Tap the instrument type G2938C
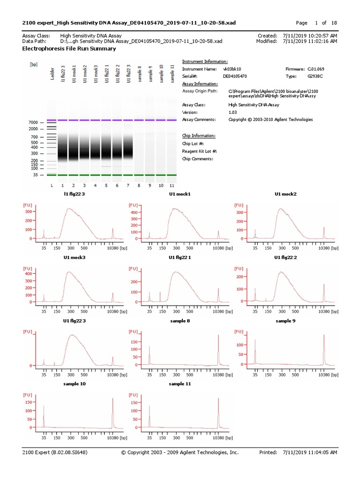click(315, 75)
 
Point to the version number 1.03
click(232, 112)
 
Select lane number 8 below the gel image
click(140, 186)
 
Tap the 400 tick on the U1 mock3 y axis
click(28, 274)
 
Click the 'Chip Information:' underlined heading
click(199, 136)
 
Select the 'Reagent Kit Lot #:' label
click(199, 151)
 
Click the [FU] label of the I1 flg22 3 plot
click(28, 205)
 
